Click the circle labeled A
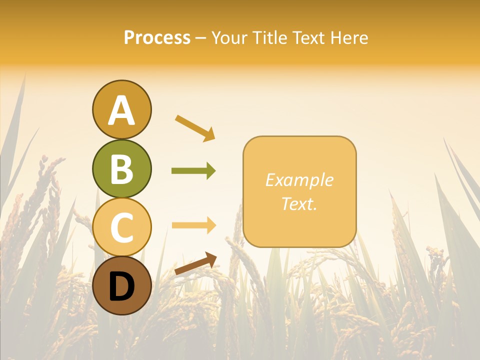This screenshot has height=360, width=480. click(121, 109)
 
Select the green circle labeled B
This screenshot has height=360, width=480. click(121, 168)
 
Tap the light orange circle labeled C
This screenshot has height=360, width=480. click(121, 227)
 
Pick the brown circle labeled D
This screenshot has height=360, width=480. click(121, 285)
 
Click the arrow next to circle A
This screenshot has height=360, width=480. click(195, 128)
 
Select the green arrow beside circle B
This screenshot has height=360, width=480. click(193, 171)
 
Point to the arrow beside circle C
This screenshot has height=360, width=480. click(193, 225)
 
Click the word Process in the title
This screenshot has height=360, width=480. click(157, 38)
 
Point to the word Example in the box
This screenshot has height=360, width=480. click(299, 180)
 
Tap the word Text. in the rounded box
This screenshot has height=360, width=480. click(299, 203)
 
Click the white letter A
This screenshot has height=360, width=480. click(121, 110)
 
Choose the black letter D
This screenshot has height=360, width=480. click(121, 286)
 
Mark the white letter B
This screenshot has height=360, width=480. click(121, 169)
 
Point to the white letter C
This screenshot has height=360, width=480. click(121, 227)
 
